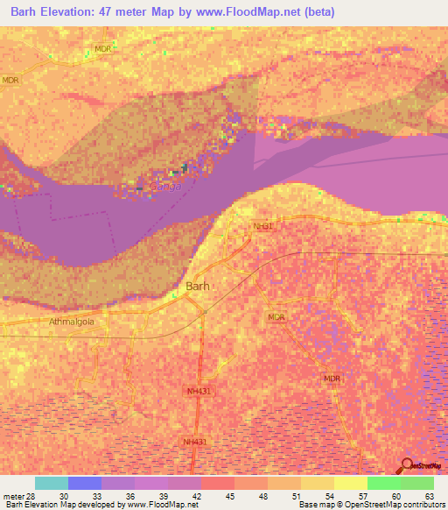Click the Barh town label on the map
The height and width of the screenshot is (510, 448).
[x=198, y=286]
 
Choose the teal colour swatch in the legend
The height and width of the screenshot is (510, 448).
[x=52, y=483]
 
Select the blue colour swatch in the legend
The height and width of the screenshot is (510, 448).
[x=85, y=483]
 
